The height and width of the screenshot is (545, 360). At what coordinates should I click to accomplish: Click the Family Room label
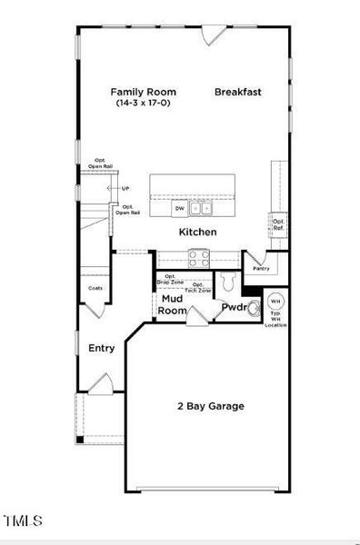[x=143, y=92]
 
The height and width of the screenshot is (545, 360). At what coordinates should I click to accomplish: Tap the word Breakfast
[x=238, y=92]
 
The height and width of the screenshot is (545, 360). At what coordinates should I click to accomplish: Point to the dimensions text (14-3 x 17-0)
[x=143, y=104]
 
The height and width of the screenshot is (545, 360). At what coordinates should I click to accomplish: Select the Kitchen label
[x=197, y=233]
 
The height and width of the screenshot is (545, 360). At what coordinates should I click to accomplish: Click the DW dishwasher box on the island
[x=180, y=209]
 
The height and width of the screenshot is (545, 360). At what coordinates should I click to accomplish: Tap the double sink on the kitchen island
[x=202, y=209]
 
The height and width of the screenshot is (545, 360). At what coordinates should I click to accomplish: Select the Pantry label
[x=261, y=269]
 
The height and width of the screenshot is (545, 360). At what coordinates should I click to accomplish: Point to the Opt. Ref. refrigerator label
[x=278, y=223]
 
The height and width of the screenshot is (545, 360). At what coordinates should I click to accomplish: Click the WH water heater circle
[x=275, y=301]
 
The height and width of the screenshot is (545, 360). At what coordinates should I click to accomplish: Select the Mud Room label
[x=173, y=304]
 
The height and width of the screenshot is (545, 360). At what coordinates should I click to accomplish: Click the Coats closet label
[x=95, y=288]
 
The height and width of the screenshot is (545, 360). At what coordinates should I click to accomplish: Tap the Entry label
[x=101, y=348]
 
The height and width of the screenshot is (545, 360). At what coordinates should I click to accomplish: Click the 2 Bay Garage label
[x=211, y=406]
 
